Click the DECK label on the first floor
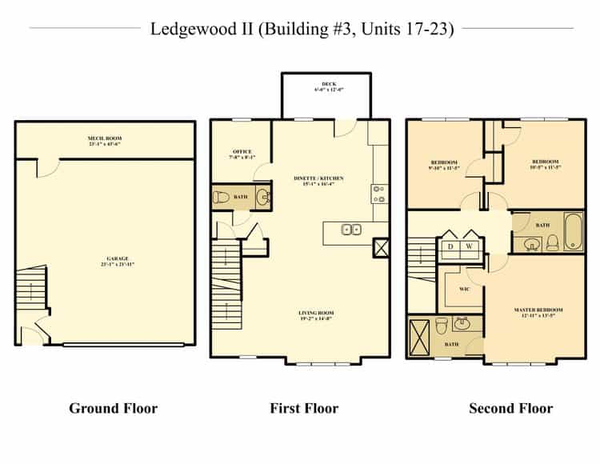[329, 83]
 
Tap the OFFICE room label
[242, 152]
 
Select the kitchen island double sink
[350, 230]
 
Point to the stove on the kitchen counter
[378, 193]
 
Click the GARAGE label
[117, 259]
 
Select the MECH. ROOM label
[105, 139]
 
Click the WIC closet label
[463, 289]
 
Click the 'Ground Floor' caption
[113, 409]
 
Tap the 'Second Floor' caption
[510, 409]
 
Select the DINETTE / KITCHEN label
[319, 178]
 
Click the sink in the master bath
[462, 324]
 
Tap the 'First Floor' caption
[304, 409]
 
